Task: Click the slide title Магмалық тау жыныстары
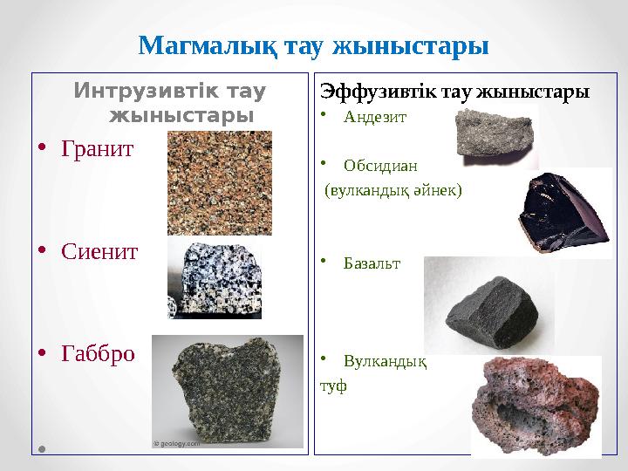(313, 44)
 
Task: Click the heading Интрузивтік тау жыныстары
(172, 103)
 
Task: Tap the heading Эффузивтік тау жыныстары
(455, 91)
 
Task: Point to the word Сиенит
(99, 251)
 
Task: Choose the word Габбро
(98, 353)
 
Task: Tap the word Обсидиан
(380, 164)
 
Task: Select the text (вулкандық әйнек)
(393, 189)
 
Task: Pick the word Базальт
(372, 263)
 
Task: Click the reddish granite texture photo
(219, 183)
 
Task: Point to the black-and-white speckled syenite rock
(215, 279)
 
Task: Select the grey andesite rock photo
(494, 136)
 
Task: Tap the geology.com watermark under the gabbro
(177, 443)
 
